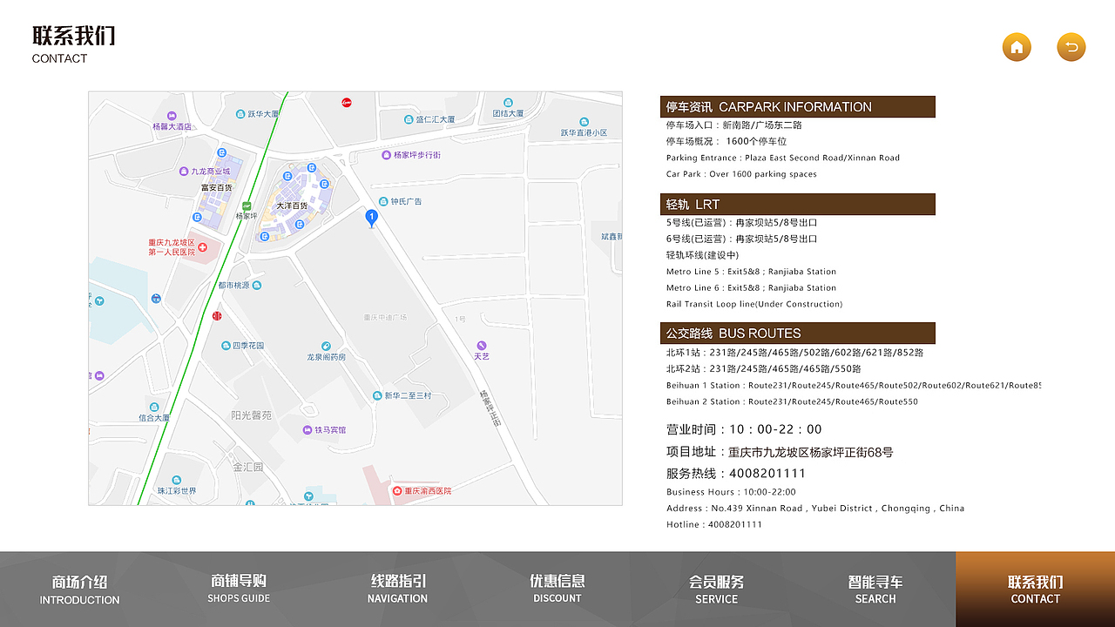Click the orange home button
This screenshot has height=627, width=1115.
[x=1017, y=47]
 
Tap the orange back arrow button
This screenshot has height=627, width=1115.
[x=1071, y=47]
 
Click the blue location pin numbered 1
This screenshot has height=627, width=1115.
[x=372, y=218]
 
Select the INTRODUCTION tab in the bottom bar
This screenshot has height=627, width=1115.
[x=79, y=590]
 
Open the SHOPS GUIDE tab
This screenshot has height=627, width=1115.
[x=239, y=590]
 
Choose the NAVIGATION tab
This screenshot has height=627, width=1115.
[x=397, y=590]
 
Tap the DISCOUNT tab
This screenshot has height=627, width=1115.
[x=557, y=590]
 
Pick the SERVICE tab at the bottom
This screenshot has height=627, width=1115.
[x=716, y=590]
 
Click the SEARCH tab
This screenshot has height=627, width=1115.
[x=875, y=590]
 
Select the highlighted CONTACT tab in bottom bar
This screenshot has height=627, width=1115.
[x=1035, y=590]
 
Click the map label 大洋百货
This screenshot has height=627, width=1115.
[x=293, y=206]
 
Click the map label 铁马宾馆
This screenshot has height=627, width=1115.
[x=330, y=430]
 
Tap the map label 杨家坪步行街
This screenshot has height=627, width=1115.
[x=416, y=155]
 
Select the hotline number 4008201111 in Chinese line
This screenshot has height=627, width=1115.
[x=767, y=474]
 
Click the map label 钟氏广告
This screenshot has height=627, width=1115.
[x=406, y=201]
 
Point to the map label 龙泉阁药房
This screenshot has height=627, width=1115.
[x=326, y=357]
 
